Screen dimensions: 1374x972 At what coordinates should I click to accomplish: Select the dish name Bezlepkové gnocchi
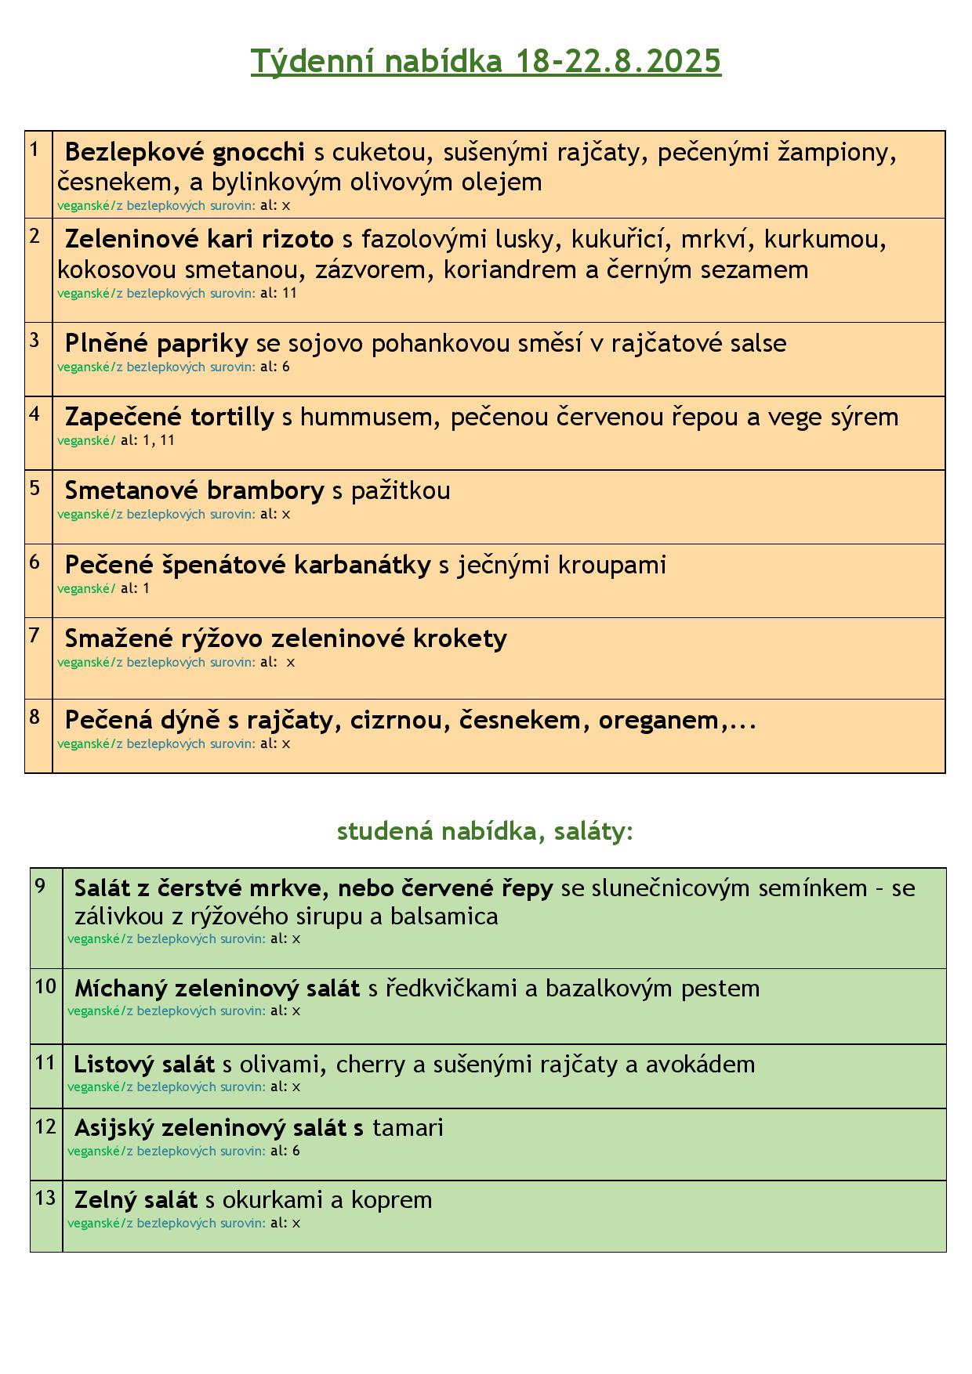point(184,151)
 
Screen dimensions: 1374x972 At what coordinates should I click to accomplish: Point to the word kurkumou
point(825,239)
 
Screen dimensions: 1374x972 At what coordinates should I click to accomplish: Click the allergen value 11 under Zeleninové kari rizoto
point(289,293)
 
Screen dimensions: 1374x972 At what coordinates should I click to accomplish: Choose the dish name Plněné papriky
point(156,343)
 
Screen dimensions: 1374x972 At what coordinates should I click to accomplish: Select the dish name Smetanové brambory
point(194,490)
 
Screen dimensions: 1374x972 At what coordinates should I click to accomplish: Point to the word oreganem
point(658,720)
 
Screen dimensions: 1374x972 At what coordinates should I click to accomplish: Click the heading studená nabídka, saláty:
point(484,831)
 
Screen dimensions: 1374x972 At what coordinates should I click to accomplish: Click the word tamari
point(408,1128)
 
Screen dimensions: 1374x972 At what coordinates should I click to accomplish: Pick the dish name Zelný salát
point(136,1200)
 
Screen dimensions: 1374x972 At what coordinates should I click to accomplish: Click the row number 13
point(45,1199)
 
